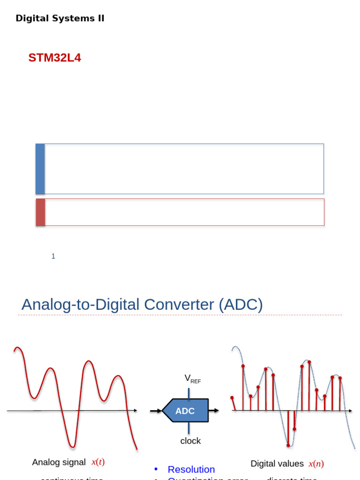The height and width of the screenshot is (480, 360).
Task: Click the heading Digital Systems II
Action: (x=60, y=18)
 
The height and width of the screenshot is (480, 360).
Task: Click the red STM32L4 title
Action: (x=54, y=58)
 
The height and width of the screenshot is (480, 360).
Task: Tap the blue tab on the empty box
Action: (x=40, y=169)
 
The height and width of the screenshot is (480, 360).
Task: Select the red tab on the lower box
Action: (x=41, y=212)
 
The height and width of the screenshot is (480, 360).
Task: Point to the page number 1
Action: (x=53, y=256)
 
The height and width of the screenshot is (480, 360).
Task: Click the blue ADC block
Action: (x=185, y=411)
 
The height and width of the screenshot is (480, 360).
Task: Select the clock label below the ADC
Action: (x=190, y=441)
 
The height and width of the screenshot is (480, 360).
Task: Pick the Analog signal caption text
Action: (x=59, y=462)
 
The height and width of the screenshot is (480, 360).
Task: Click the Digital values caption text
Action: (x=277, y=464)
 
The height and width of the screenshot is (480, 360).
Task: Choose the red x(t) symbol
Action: (x=98, y=462)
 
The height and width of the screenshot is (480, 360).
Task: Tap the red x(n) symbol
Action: (x=316, y=464)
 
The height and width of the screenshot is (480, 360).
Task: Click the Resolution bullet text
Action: (x=191, y=469)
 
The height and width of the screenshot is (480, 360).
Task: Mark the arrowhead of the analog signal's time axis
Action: (x=135, y=411)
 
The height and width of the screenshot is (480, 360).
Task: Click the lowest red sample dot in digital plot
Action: (x=288, y=444)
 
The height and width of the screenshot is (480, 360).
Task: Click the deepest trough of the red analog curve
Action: (x=72, y=446)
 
